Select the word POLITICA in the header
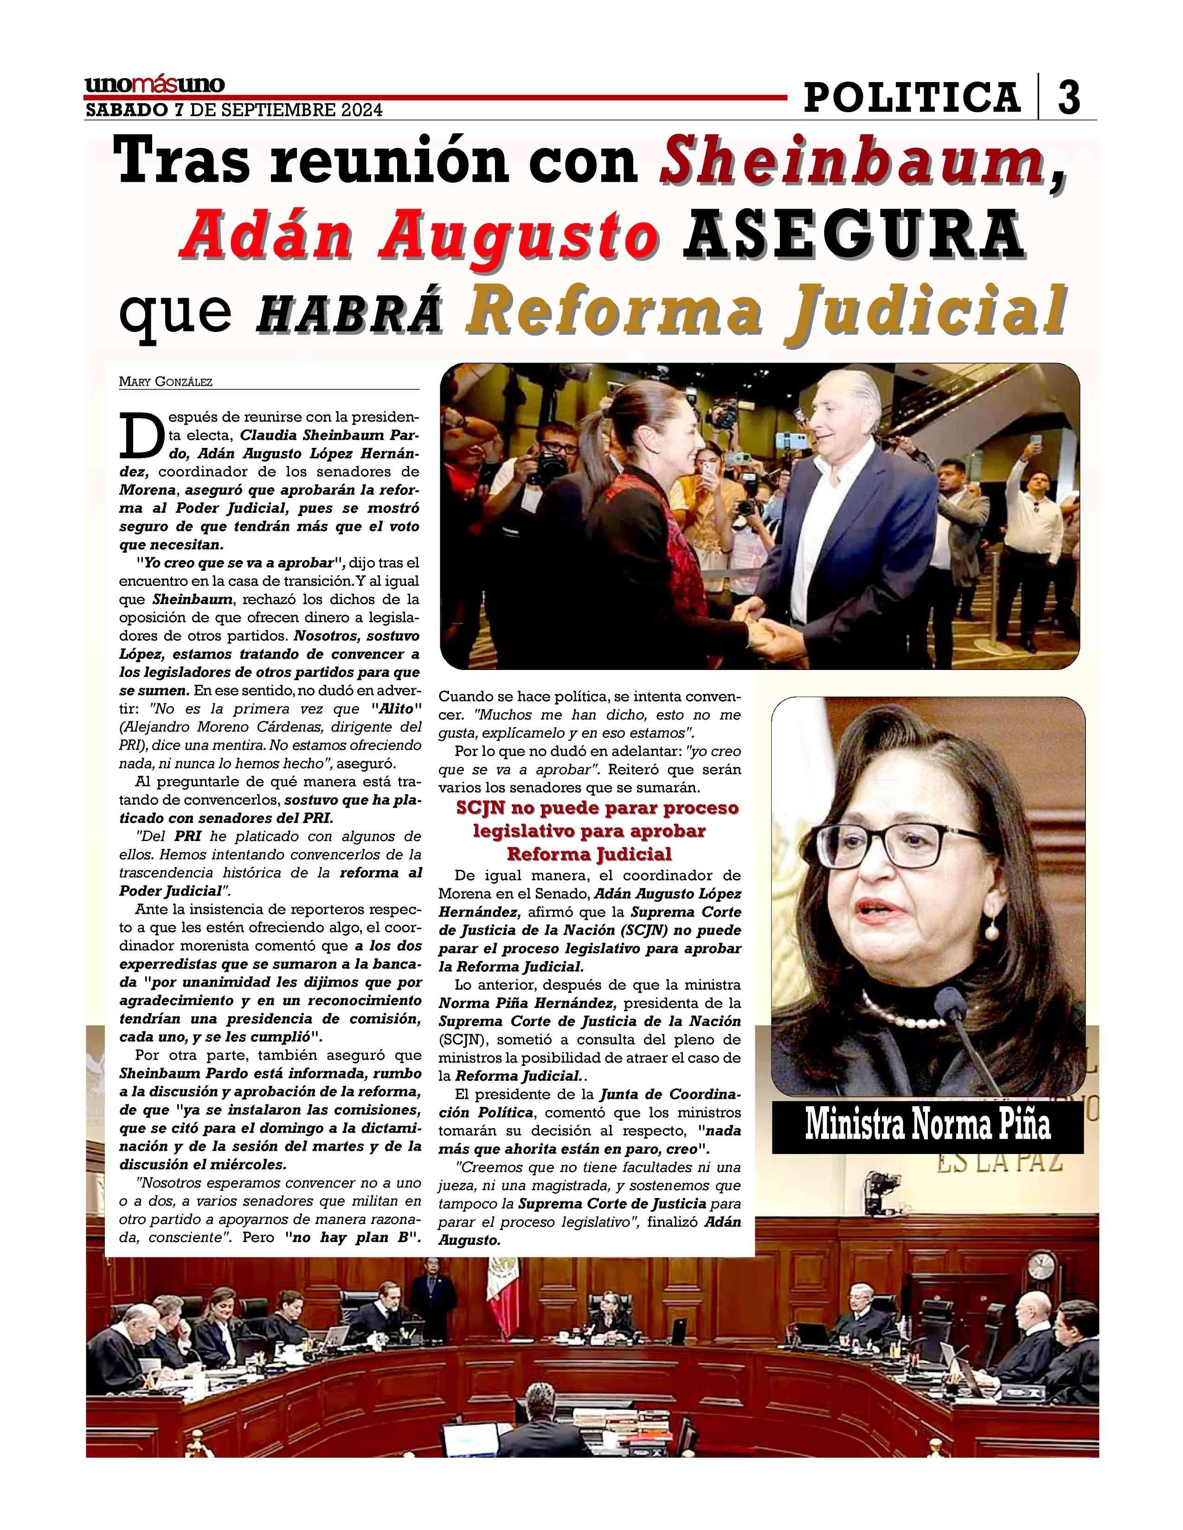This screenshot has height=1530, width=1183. [x=912, y=97]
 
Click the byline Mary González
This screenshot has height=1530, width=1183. [x=166, y=382]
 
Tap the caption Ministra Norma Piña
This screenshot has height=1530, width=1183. [x=927, y=1124]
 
